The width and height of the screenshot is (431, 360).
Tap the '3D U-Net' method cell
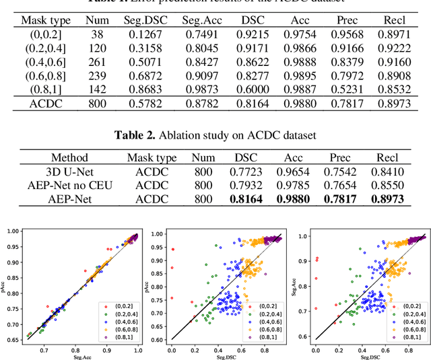(75, 173)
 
